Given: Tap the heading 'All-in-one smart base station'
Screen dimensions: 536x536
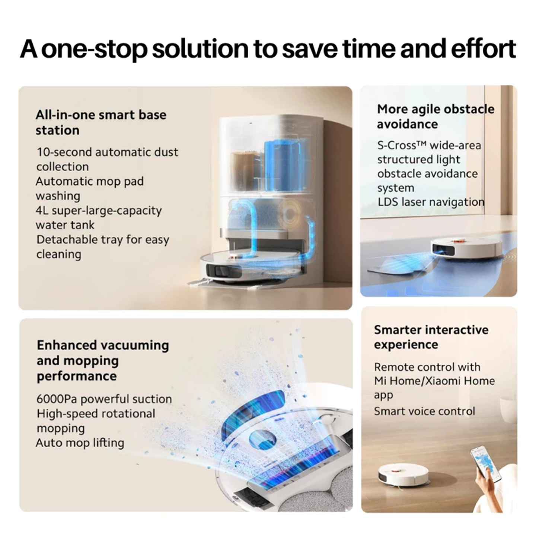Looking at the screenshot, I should point(100,122).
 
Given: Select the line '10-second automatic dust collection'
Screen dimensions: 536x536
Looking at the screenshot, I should point(107,159).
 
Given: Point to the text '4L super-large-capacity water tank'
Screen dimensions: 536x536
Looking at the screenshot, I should point(98,217).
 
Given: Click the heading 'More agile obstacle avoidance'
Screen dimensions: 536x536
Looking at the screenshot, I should point(435,116).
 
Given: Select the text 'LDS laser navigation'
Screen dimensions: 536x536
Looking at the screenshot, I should point(431,202).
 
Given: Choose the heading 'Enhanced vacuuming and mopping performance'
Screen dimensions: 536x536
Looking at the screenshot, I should point(102,360).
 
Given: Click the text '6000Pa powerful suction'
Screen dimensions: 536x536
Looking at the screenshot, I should point(104,399).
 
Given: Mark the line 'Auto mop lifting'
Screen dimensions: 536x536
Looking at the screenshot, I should point(80,443).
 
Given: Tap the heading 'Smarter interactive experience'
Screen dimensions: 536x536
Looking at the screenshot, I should point(431,337).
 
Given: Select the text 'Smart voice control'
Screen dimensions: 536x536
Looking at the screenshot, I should point(424,411).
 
